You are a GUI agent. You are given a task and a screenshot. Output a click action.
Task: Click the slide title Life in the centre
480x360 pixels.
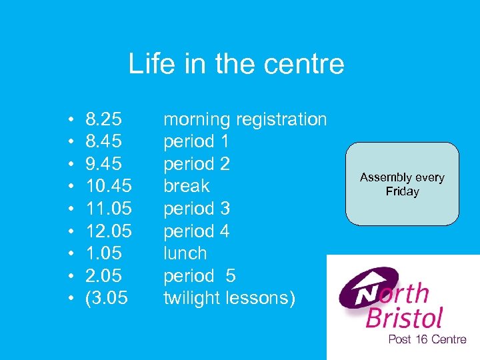236,64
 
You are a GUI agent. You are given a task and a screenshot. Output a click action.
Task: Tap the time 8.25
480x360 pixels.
104,120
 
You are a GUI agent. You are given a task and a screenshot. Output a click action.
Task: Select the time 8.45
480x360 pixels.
104,142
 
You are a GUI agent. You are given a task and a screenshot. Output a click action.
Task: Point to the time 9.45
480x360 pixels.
104,164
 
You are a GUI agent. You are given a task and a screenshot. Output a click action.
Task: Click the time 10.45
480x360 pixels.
109,187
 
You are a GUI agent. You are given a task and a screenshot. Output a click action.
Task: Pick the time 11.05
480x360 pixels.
109,209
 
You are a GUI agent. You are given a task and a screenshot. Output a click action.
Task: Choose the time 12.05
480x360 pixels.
109,231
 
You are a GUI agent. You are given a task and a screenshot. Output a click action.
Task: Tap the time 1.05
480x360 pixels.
104,254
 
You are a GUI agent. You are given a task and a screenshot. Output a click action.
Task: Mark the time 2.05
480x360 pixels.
104,276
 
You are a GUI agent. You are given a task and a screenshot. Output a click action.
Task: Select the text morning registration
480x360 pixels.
245,120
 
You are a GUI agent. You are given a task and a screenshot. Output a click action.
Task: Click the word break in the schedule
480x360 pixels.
186,187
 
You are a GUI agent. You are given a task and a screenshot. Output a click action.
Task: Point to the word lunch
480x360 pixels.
185,254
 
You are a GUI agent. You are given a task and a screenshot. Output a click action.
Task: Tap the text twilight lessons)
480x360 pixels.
229,299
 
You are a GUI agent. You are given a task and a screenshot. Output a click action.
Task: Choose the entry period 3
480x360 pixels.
196,209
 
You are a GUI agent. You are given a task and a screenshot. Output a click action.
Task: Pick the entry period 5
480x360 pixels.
199,276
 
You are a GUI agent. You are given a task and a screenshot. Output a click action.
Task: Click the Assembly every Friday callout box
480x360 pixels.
402,184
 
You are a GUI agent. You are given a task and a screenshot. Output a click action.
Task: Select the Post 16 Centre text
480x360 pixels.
427,339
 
